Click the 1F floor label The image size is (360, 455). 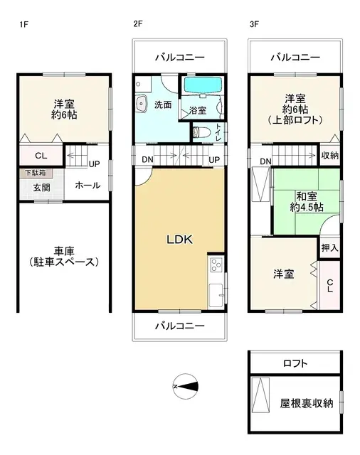point(23,24)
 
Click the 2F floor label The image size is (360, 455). point(138,24)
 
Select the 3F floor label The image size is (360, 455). point(254,24)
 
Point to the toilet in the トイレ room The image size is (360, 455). point(201,131)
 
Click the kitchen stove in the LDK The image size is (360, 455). point(216,267)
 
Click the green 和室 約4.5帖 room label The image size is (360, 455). point(306,200)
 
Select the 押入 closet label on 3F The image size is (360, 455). point(329,248)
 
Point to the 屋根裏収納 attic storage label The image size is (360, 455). point(305,403)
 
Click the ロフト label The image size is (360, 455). point(295,363)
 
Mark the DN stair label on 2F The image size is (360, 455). point(147,159)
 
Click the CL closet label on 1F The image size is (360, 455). point(41,156)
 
